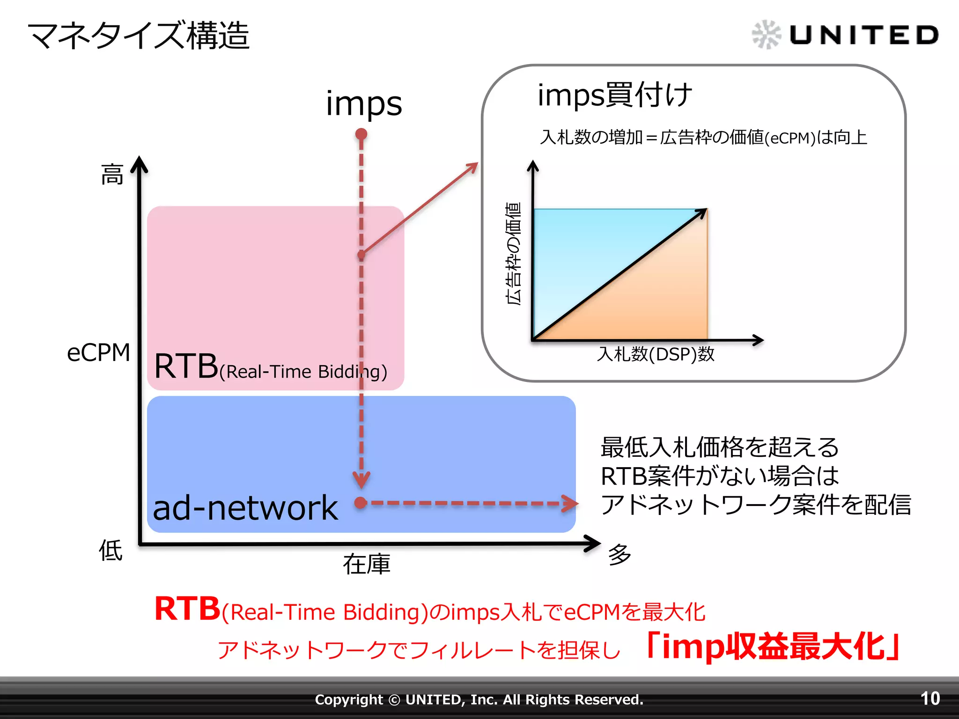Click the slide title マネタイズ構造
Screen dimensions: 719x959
139,36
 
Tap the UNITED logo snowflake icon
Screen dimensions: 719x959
766,35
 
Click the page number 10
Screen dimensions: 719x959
930,698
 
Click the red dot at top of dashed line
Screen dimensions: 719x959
361,134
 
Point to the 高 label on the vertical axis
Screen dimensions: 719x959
112,175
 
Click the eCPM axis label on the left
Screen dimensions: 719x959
98,352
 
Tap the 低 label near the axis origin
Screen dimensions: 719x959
111,550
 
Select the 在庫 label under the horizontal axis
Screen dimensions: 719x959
366,564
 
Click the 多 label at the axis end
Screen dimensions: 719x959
620,555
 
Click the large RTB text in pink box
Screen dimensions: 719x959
186,366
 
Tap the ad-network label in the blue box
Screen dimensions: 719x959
245,508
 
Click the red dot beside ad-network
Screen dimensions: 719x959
361,503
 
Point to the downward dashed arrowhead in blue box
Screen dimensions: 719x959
361,480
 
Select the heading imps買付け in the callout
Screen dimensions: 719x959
614,95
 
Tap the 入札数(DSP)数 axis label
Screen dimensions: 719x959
656,354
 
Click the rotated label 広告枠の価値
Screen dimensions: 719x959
513,254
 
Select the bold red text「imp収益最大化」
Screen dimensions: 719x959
773,647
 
